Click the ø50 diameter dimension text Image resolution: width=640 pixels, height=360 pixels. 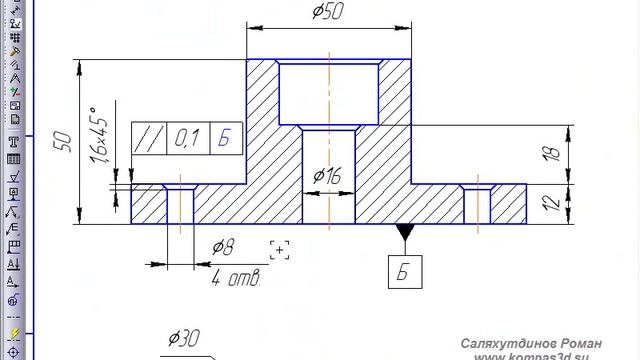point(328,11)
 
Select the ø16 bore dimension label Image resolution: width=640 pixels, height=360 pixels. point(327,176)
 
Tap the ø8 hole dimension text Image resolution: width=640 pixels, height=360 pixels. point(223,247)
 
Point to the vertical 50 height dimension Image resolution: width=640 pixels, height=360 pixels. point(63,142)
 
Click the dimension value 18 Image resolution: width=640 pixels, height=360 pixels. point(552,153)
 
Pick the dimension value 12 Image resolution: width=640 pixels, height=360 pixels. point(552,203)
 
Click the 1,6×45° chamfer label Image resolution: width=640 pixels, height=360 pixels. point(99,135)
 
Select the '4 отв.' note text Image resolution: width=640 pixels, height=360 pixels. point(236,278)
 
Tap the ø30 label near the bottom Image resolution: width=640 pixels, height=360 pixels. point(184,338)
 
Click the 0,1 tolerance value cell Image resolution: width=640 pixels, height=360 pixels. point(187,138)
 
